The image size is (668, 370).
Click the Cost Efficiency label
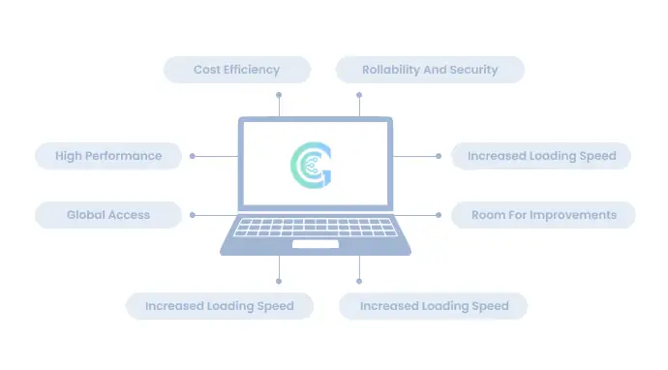pos(237,70)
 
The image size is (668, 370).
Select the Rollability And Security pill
pos(430,70)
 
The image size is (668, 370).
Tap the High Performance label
pos(108,156)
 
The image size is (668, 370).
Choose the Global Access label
pos(108,215)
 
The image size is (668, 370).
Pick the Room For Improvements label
pos(543,215)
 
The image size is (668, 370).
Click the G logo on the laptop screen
pos(311,165)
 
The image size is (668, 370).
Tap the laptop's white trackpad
pos(316,244)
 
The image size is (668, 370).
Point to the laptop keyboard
pos(316,228)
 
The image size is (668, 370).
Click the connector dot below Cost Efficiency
pos(279,95)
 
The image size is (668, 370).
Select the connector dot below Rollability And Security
pos(359,95)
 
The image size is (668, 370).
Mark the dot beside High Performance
pos(193,156)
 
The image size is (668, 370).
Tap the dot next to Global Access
pos(193,215)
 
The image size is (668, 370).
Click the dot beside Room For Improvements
pos(439,215)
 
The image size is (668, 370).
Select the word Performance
pos(124,156)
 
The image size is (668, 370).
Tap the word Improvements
pos(572,215)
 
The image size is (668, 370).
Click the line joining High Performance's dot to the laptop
pos(216,157)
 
